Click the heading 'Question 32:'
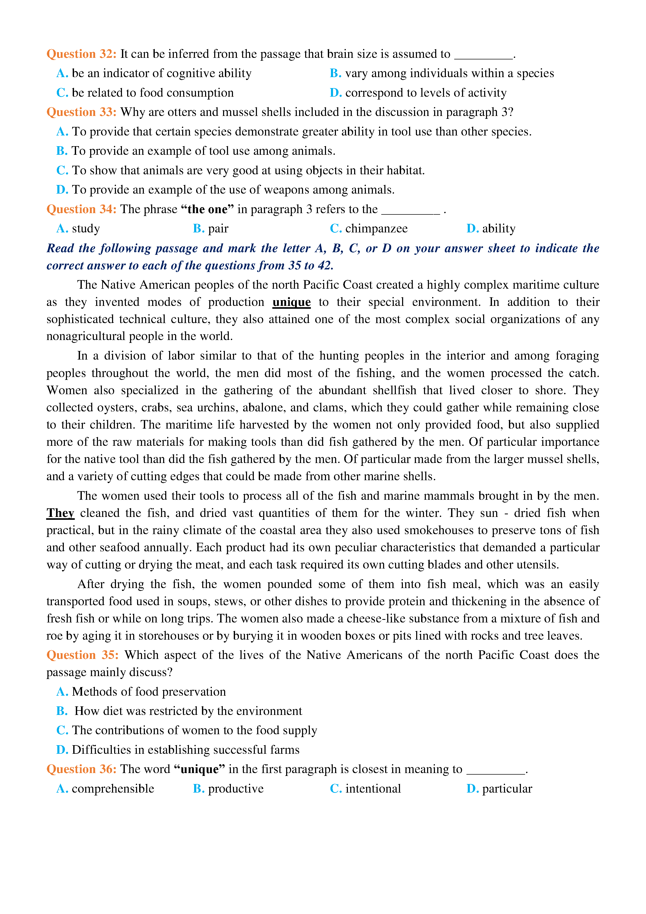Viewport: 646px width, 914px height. [x=81, y=54]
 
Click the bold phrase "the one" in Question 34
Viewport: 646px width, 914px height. [x=207, y=209]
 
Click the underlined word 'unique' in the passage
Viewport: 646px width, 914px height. [x=291, y=302]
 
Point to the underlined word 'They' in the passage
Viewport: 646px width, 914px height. [x=60, y=513]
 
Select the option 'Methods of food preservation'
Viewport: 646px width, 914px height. [x=149, y=691]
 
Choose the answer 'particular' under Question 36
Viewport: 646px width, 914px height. [x=507, y=789]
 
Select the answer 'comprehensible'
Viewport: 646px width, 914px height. [x=113, y=789]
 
